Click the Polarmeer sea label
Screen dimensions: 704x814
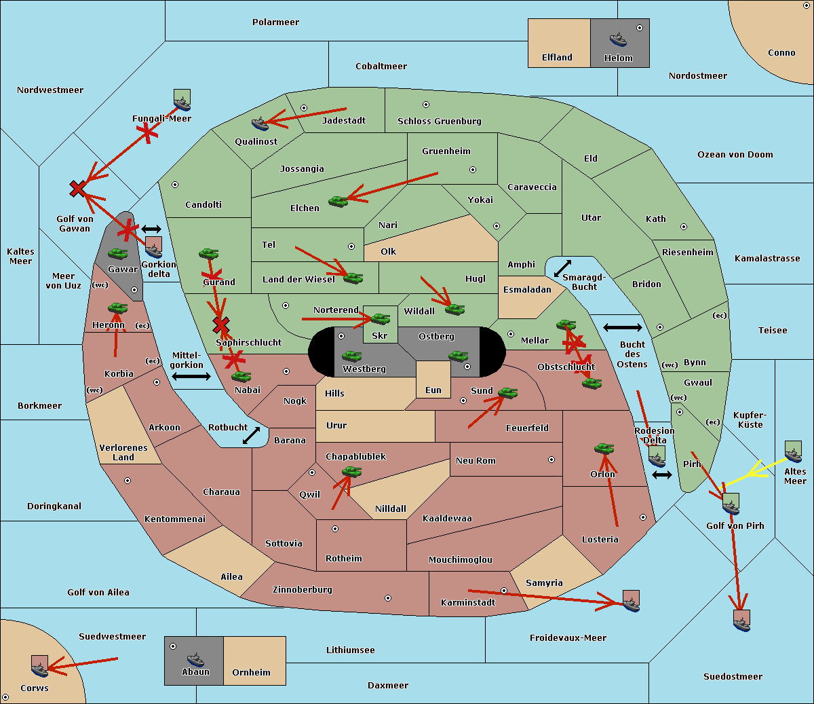tap(275, 22)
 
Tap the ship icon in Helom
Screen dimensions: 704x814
tap(618, 39)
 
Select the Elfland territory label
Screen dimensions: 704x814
tap(557, 58)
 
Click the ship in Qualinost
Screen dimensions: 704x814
tap(260, 124)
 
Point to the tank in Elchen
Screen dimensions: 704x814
tap(338, 201)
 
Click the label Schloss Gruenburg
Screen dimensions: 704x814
tap(439, 122)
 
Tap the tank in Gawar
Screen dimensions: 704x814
tap(118, 254)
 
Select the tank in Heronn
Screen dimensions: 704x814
tap(118, 308)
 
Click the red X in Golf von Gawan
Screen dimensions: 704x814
tap(78, 189)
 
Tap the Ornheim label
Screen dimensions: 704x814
tap(251, 673)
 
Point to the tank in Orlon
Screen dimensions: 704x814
tap(604, 449)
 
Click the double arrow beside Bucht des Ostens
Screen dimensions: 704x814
tap(622, 328)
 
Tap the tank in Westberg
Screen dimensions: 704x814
tap(351, 356)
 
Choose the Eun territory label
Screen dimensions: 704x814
tap(433, 390)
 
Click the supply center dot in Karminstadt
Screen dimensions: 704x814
tap(504, 591)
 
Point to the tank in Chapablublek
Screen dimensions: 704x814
tap(351, 472)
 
